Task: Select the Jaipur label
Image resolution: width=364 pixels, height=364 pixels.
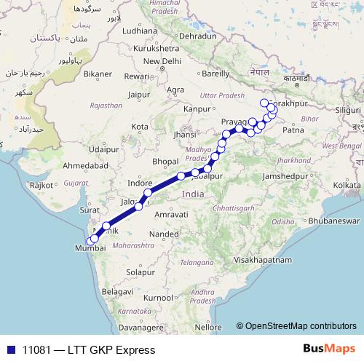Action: pyautogui.click(x=138, y=94)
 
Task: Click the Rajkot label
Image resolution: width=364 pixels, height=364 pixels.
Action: pyautogui.click(x=41, y=186)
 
